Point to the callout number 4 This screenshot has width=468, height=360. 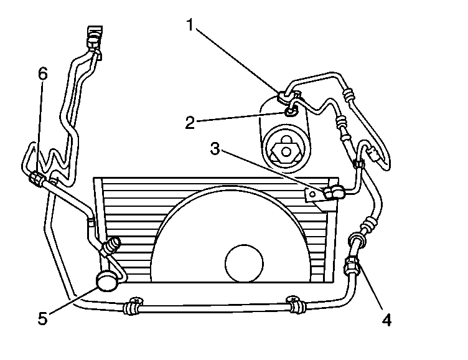[x=386, y=320]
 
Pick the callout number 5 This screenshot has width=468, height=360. [x=42, y=318]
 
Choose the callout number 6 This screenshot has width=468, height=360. [x=42, y=73]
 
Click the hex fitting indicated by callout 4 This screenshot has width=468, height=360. [x=352, y=267]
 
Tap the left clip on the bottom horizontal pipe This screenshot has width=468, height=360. [x=132, y=306]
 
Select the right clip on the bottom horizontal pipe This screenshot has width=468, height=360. [x=294, y=305]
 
